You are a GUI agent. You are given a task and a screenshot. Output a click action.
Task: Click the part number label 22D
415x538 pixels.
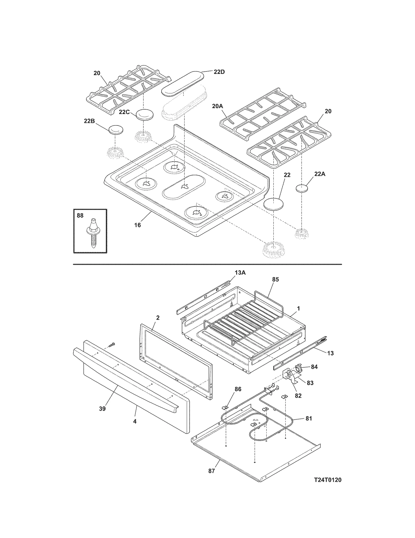[219, 72]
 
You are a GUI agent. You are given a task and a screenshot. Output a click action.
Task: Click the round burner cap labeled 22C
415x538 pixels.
[144, 115]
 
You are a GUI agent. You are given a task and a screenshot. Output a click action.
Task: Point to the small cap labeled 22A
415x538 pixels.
[302, 188]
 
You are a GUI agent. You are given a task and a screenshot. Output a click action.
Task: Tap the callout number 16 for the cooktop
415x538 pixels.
[137, 225]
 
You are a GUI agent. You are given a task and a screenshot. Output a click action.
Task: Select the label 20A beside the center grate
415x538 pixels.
[217, 106]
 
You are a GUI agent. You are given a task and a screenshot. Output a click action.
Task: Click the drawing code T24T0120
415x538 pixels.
[328, 480]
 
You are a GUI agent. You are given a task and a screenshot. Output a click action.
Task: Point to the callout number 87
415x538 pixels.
[212, 471]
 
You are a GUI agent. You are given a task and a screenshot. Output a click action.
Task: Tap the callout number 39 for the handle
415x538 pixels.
[102, 409]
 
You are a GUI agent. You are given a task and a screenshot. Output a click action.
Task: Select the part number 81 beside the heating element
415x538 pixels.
[309, 418]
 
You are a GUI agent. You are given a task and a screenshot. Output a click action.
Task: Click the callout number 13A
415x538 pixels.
[240, 273]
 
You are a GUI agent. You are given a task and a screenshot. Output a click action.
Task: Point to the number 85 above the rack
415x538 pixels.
[275, 279]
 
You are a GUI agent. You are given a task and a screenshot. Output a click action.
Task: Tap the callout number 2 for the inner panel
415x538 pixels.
[158, 317]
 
